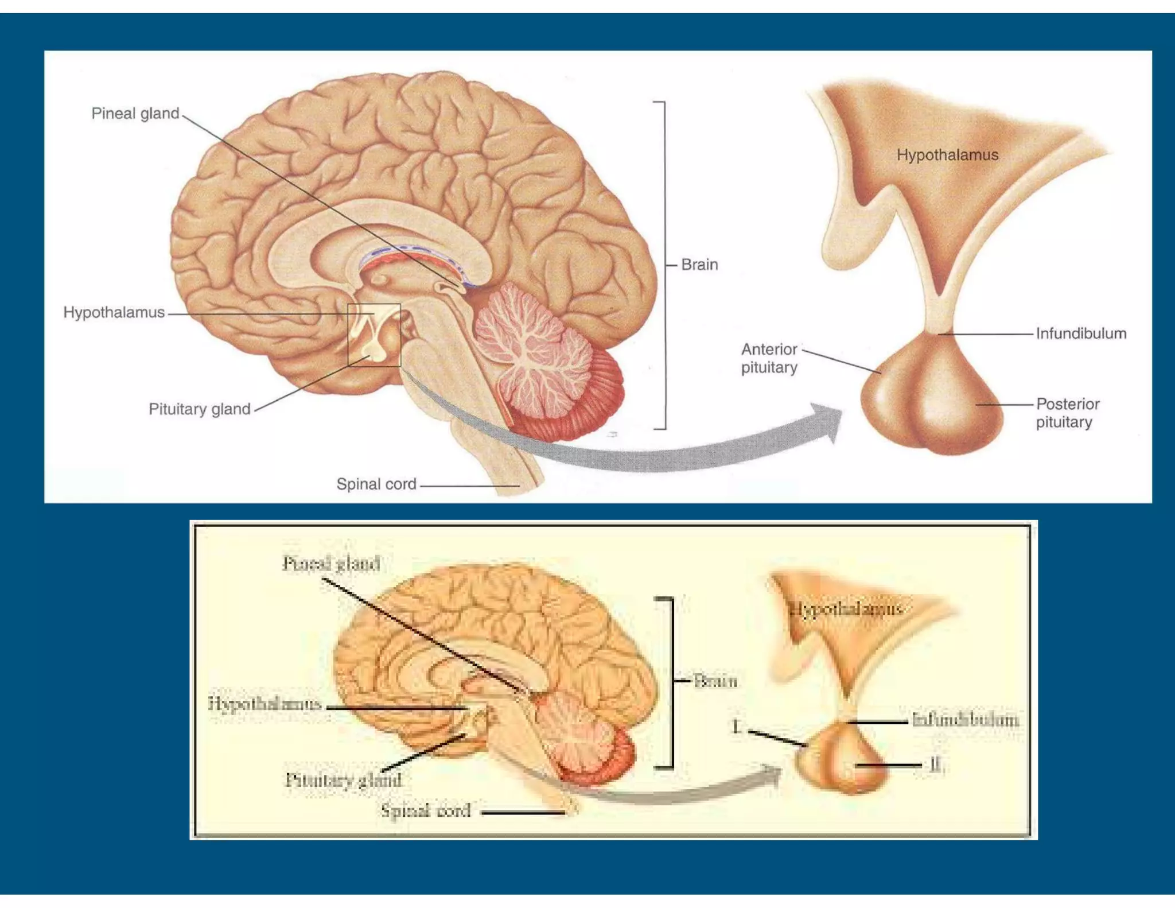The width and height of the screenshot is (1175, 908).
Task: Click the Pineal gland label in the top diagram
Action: [x=135, y=114]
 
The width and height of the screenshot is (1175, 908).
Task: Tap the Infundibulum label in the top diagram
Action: [x=1081, y=333]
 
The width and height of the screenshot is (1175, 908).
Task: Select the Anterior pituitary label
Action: [x=769, y=358]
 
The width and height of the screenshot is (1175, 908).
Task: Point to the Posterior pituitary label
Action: [x=1067, y=413]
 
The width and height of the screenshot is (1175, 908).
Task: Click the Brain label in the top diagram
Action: [x=699, y=265]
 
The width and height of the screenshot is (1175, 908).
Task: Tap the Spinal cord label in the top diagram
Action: [x=376, y=484]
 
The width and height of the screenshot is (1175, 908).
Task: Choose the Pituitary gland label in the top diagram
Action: [x=200, y=409]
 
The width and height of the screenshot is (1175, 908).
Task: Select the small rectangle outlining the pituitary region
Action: [x=374, y=335]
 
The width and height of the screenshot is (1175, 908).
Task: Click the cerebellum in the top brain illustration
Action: [x=534, y=350]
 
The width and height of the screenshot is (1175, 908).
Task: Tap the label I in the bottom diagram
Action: [x=737, y=727]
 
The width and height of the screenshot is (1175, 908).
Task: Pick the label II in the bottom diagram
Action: [x=935, y=765]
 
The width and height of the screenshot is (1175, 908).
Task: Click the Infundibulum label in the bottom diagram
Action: [x=965, y=720]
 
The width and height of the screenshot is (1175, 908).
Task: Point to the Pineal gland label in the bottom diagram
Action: [x=331, y=564]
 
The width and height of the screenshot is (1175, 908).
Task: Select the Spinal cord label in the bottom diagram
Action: [x=426, y=810]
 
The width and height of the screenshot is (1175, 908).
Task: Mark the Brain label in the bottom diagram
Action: [x=715, y=681]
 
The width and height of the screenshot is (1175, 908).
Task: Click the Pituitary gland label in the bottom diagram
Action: [x=343, y=779]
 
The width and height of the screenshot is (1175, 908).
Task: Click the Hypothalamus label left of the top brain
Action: [x=114, y=312]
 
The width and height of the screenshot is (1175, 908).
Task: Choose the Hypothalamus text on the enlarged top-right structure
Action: [x=947, y=155]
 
